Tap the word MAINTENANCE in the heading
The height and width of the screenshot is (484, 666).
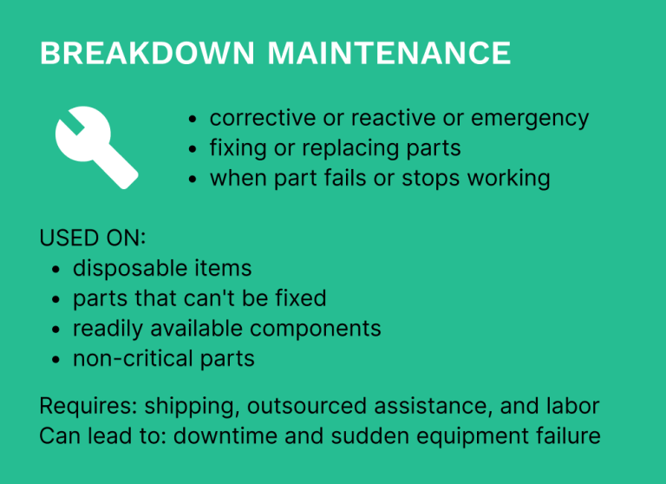388,54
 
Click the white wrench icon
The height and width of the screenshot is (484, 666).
95,147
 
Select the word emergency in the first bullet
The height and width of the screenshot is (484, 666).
530,119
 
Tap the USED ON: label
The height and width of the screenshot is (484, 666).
93,239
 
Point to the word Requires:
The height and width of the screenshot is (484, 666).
88,406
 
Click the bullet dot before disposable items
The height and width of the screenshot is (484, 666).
56,271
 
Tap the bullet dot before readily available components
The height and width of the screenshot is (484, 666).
56,330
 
